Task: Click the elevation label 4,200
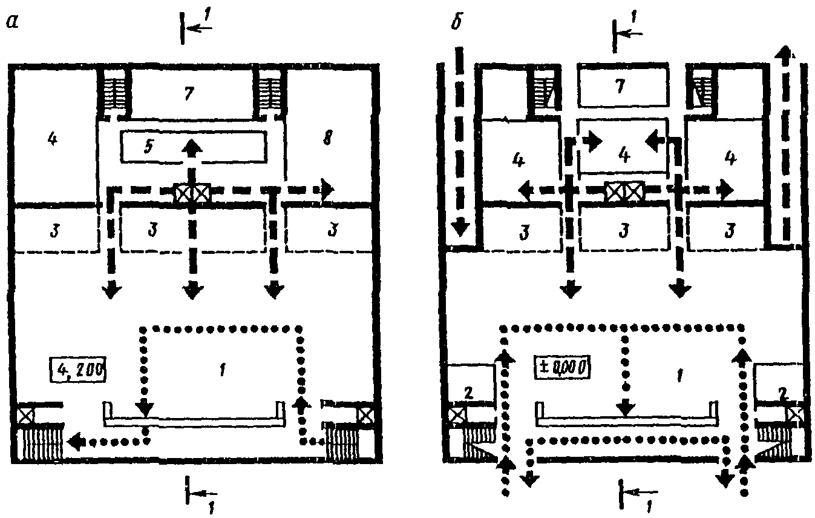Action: pos(78,368)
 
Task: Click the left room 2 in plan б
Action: pos(468,391)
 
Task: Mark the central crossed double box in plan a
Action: pos(192,194)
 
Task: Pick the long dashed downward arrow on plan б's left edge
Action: pos(460,145)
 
